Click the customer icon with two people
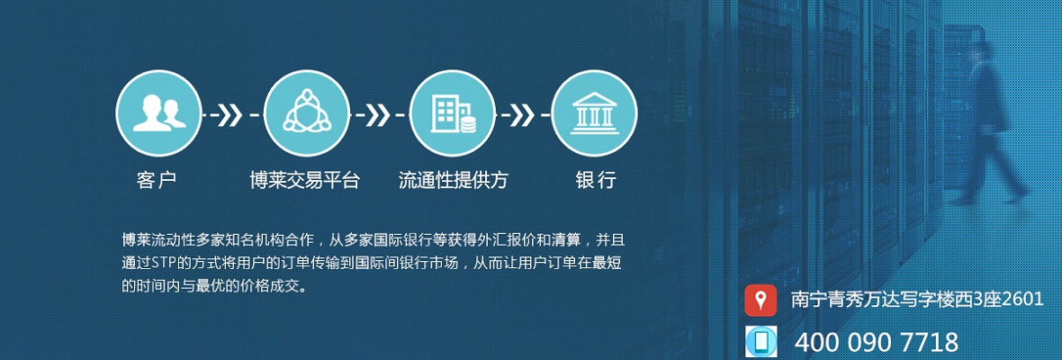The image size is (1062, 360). [159, 113]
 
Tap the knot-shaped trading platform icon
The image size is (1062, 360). [306, 113]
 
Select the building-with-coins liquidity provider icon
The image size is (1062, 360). [453, 113]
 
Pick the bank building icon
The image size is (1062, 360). [594, 113]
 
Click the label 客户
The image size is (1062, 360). [157, 180]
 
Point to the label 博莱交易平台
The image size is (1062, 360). [305, 180]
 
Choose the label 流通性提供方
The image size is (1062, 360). [453, 180]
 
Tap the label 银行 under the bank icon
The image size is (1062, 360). [596, 180]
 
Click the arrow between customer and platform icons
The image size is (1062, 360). [231, 115]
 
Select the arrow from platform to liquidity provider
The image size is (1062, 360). [379, 115]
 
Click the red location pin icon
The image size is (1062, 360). [760, 301]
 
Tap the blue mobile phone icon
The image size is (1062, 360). [760, 341]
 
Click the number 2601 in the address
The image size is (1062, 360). [1022, 300]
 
